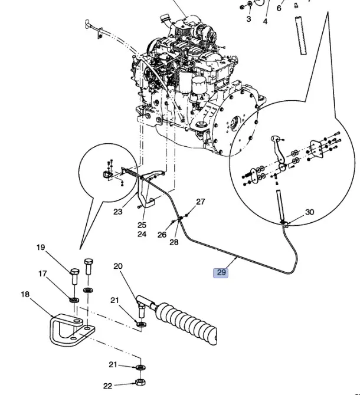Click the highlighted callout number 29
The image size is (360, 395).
tap(221, 272)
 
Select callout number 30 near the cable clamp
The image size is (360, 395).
tap(309, 212)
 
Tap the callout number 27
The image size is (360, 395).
tap(200, 202)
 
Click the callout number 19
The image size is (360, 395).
tap(41, 248)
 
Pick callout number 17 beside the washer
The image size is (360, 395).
tap(42, 274)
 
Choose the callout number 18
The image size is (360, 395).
tap(25, 294)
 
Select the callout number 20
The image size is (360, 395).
tap(118, 266)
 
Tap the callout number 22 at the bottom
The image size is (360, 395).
tap(107, 369)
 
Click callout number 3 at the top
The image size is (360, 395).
tap(248, 19)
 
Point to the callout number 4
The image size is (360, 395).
tap(265, 22)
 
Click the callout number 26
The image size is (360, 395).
tap(161, 235)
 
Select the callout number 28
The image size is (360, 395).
tap(174, 242)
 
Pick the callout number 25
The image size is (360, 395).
tap(142, 225)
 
